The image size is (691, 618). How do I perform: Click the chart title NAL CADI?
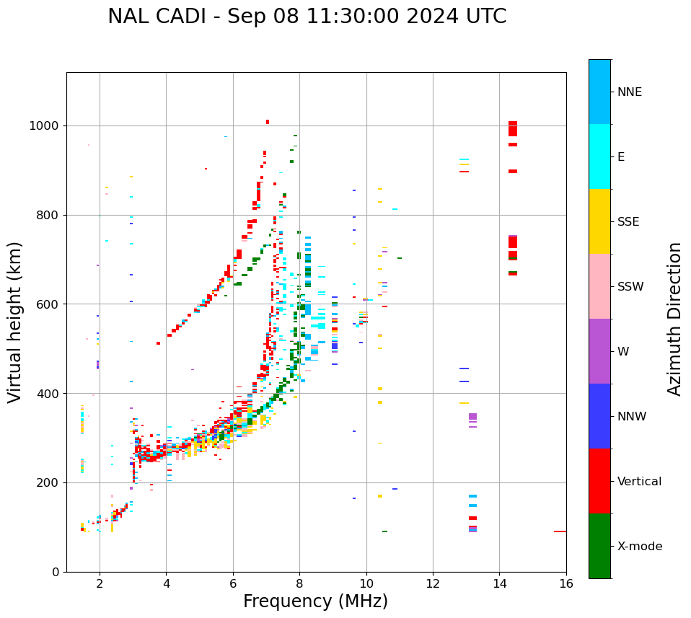[307, 17]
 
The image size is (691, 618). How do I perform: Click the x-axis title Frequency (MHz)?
[315, 601]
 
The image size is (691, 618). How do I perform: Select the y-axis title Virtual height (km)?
[15, 322]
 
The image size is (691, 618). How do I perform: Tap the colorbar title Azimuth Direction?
[674, 318]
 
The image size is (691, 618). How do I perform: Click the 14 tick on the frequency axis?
[499, 583]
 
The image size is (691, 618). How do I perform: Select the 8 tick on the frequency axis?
[299, 583]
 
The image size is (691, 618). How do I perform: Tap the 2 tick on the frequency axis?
[100, 583]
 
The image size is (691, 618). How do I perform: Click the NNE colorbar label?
[629, 92]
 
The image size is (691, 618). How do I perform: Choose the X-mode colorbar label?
[639, 547]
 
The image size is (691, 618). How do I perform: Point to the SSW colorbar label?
[630, 287]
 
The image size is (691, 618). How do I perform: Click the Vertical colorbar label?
[639, 482]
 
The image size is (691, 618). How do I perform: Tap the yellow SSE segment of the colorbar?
[599, 221]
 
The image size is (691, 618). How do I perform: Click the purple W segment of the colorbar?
[599, 351]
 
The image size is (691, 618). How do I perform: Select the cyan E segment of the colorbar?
[599, 156]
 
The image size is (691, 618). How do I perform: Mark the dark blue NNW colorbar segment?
[599, 416]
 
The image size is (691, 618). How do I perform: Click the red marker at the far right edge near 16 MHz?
[560, 531]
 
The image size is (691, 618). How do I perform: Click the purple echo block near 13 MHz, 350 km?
[472, 417]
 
